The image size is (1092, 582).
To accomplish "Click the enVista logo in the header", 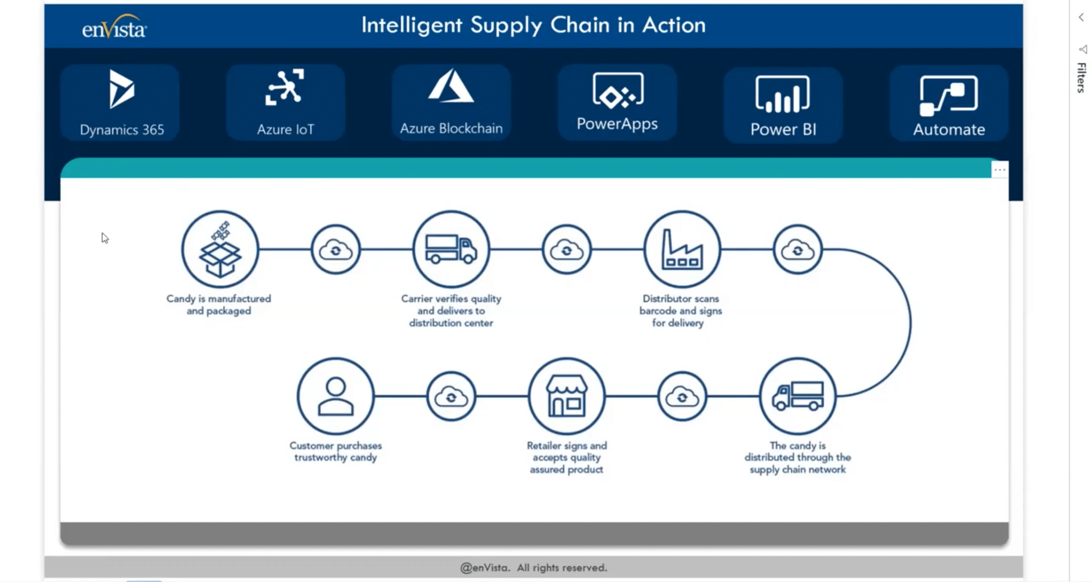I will [x=114, y=27].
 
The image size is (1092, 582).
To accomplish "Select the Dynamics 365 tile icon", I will [x=121, y=89].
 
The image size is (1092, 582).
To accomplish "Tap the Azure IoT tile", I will [x=285, y=103].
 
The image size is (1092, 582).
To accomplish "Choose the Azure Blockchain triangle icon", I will [x=451, y=87].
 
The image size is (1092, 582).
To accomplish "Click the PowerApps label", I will [x=617, y=124].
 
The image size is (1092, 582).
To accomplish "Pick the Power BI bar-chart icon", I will [x=783, y=94].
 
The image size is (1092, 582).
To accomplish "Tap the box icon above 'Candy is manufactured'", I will [x=220, y=249].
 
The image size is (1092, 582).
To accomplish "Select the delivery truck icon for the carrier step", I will [x=451, y=249].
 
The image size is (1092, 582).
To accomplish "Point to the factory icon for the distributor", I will [x=682, y=249].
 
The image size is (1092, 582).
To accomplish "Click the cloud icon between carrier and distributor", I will [x=566, y=250].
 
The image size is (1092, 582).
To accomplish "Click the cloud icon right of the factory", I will [x=797, y=250].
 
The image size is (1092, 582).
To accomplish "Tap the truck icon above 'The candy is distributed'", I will [x=797, y=396].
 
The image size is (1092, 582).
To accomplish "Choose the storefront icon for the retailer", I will [x=566, y=396].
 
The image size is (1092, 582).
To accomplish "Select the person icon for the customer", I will [x=336, y=396].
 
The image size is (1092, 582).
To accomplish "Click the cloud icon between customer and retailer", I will [x=451, y=396].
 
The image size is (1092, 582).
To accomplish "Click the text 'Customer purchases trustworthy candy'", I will [x=336, y=451].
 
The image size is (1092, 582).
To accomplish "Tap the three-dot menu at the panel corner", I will [x=1000, y=170].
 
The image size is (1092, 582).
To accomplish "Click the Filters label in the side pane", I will [x=1081, y=78].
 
